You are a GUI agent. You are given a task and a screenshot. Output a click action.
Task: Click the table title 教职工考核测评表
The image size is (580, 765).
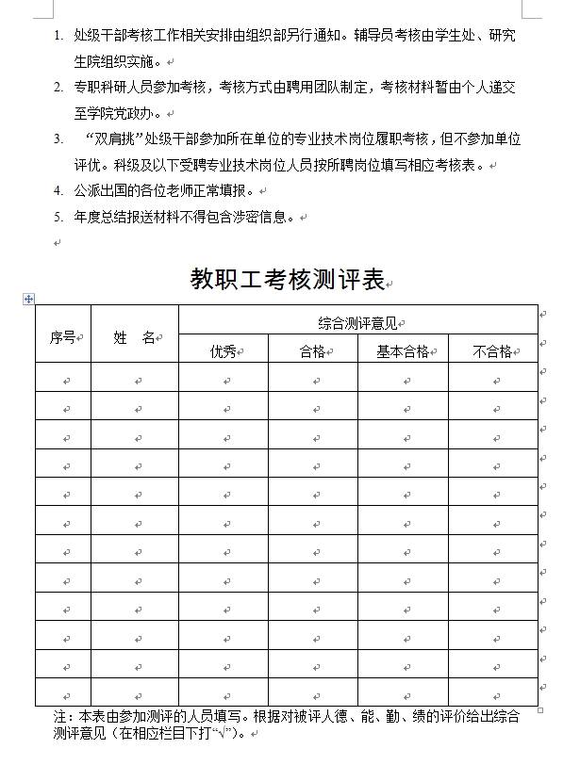point(288,279)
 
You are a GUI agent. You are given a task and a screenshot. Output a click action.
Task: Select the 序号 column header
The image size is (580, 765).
point(62,337)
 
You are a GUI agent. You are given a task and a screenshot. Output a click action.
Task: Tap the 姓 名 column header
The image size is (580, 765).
point(134,337)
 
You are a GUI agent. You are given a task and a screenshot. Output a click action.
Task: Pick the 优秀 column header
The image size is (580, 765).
point(223,351)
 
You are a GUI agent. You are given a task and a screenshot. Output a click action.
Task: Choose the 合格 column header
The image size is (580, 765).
point(312,351)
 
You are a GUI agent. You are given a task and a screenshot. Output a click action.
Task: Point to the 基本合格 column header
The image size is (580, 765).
point(403,351)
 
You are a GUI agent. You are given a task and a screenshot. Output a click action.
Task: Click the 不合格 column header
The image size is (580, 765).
point(492,351)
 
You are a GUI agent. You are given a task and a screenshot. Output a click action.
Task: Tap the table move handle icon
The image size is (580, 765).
point(28,299)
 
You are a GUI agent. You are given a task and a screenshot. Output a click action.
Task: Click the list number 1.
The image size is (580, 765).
point(58,36)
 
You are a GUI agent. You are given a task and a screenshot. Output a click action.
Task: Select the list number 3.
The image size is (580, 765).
point(58,139)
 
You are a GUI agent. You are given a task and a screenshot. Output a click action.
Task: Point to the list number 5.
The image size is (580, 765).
point(58,217)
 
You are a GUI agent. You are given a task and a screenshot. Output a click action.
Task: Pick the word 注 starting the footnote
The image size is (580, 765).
point(59,716)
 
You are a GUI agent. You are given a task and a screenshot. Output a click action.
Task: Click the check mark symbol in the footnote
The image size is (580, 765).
point(223,732)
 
